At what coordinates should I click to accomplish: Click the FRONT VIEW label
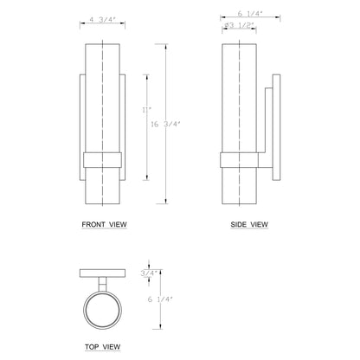coord(105,224)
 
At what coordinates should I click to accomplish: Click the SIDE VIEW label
coord(249,224)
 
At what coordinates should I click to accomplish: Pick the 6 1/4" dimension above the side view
coord(248,15)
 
